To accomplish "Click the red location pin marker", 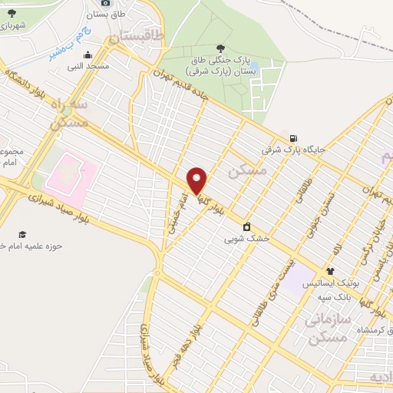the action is coord(197,180).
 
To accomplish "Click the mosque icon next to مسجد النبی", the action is coord(89,54).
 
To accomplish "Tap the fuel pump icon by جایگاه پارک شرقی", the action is coord(293,138).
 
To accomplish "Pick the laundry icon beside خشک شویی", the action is coord(246,226).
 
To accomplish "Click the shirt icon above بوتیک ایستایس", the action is coord(330,271).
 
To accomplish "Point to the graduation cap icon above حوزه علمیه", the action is coord(22,234).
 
